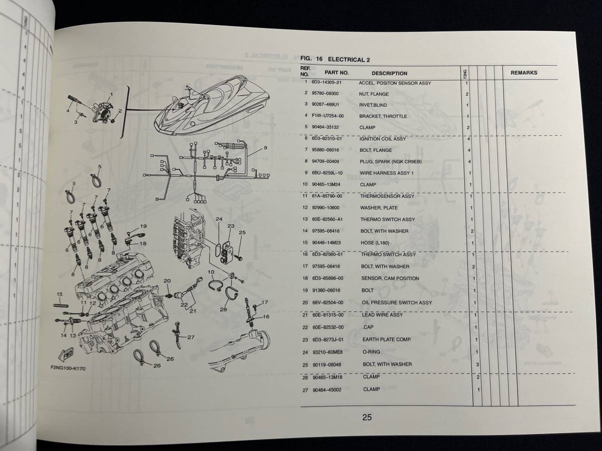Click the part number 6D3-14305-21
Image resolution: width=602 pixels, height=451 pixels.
[x=327, y=82]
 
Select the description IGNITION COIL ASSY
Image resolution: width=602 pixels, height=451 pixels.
[x=383, y=139]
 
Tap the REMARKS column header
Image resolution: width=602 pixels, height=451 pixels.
[x=524, y=73]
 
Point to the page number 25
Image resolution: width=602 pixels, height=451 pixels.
[x=367, y=417]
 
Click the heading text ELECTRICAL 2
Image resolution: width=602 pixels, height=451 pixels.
[x=349, y=60]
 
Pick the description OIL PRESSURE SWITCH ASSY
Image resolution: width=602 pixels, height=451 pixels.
[x=397, y=303]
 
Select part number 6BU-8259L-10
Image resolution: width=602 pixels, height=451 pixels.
[x=327, y=173]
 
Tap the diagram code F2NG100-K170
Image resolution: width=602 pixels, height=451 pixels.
[x=68, y=368]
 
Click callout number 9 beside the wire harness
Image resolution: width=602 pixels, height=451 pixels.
[x=265, y=148]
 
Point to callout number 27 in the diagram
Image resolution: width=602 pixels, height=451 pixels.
[x=191, y=337]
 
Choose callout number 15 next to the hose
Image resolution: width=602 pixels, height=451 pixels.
[x=60, y=294]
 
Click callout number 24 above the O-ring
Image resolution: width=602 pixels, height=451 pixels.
[x=219, y=219]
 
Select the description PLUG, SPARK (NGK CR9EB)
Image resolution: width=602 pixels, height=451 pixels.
[x=391, y=161]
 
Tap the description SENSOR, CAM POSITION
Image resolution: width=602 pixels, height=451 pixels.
[x=390, y=279]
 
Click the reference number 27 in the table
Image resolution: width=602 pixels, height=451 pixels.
[x=305, y=390]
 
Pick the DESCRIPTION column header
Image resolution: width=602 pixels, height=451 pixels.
[x=389, y=73]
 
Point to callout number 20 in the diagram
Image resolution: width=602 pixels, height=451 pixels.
[x=167, y=281]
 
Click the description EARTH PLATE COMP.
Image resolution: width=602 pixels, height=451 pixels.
[x=387, y=340]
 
